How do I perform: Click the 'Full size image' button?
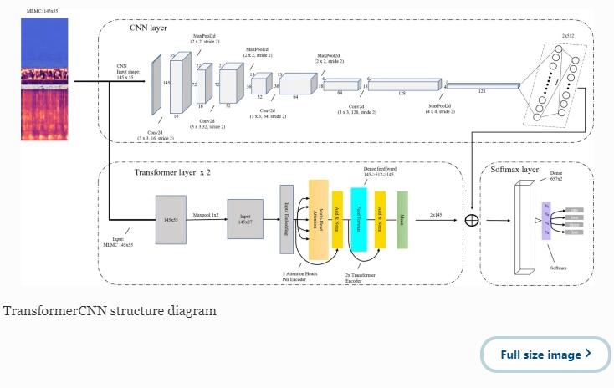[x=545, y=355]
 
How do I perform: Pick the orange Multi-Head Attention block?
[x=319, y=219]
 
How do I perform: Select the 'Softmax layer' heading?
[x=515, y=170]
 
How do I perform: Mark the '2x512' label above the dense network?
[x=569, y=36]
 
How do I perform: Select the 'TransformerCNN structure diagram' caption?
[x=109, y=311]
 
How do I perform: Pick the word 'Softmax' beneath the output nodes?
[x=556, y=268]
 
